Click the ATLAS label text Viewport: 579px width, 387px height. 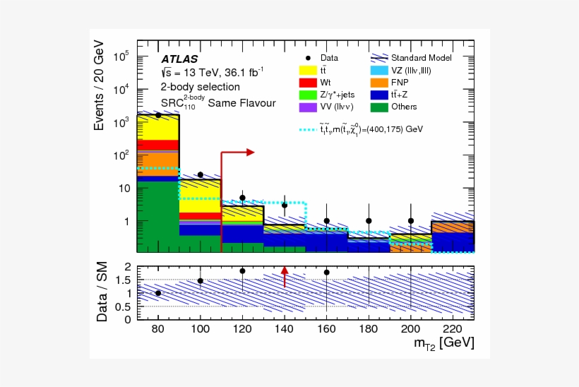pos(179,59)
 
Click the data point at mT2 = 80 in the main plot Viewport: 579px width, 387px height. pos(158,114)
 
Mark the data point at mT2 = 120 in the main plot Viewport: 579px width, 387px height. pos(242,198)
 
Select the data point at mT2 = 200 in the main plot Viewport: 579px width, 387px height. pos(410,220)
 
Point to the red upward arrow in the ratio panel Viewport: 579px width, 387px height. pos(285,276)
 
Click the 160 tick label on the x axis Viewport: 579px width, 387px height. pos(326,328)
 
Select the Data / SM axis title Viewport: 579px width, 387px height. pos(104,293)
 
